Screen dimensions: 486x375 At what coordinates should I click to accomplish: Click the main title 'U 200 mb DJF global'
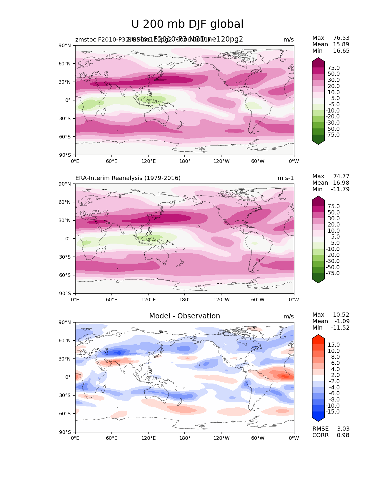(187, 24)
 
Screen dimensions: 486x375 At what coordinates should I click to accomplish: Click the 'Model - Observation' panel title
(184, 316)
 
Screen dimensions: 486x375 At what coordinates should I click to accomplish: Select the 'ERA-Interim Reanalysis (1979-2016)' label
(128, 178)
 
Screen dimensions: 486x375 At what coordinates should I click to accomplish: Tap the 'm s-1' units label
(286, 178)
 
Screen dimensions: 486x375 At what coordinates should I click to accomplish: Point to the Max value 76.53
(341, 38)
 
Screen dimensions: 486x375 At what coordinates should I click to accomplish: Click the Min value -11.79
(340, 189)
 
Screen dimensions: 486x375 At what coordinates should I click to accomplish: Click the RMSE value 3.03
(343, 429)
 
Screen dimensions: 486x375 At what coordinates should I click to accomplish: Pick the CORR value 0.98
(343, 435)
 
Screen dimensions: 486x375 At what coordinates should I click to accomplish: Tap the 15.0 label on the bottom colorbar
(334, 345)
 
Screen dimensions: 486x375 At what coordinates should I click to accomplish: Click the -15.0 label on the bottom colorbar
(333, 411)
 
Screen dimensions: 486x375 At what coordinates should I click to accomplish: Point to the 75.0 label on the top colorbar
(334, 68)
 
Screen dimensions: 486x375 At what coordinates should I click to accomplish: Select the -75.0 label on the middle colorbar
(333, 273)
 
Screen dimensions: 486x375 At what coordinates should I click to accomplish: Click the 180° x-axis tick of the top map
(185, 161)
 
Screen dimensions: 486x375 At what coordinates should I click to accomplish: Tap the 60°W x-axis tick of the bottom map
(258, 438)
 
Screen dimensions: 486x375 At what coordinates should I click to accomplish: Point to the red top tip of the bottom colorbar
(318, 337)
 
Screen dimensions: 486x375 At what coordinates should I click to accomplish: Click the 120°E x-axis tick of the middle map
(148, 300)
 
